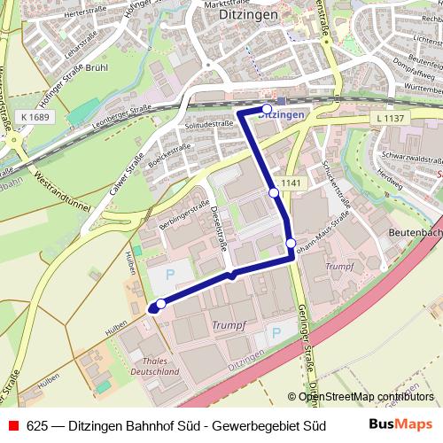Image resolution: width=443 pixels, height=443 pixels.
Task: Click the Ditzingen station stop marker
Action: click(x=267, y=110)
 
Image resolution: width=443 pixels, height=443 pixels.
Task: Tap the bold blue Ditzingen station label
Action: click(x=282, y=114)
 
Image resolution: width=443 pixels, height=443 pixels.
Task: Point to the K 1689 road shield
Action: click(x=35, y=116)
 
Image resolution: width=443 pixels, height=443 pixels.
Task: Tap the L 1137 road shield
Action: click(x=391, y=119)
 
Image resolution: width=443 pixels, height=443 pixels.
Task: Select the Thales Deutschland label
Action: click(x=157, y=367)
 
